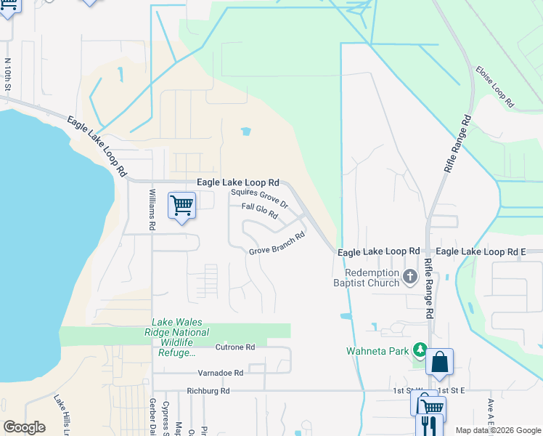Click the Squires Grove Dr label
(x=259, y=198)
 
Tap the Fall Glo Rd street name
(x=260, y=211)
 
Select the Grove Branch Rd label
(x=276, y=243)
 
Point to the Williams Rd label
(x=152, y=209)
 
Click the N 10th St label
(x=8, y=75)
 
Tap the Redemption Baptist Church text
(x=367, y=278)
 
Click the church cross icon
(x=410, y=276)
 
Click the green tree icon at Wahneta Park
(x=420, y=351)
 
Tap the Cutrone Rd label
(x=234, y=347)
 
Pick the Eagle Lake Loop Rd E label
(x=481, y=251)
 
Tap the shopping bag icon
(x=440, y=361)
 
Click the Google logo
(x=24, y=427)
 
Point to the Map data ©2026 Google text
(x=497, y=430)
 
